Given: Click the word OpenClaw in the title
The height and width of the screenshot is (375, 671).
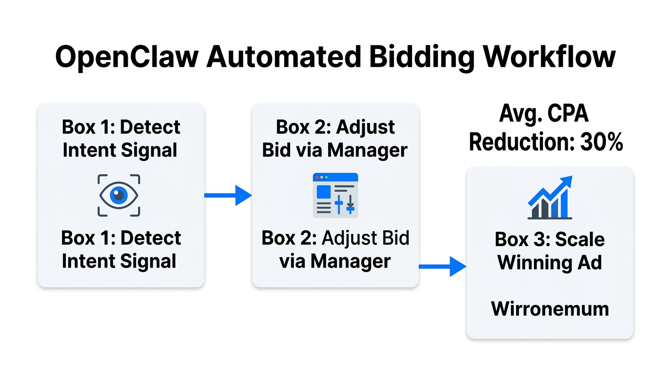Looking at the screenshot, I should [x=127, y=57].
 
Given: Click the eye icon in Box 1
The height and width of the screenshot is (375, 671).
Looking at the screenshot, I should [x=119, y=195].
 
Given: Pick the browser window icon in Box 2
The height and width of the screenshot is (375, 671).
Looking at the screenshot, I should [x=335, y=195].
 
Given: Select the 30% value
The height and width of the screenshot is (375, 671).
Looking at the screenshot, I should [x=602, y=142].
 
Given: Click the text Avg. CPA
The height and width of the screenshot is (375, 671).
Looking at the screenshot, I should [x=544, y=114].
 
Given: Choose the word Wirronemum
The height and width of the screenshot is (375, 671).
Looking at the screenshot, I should [x=550, y=309].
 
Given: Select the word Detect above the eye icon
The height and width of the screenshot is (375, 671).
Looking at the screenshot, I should [x=150, y=127].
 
